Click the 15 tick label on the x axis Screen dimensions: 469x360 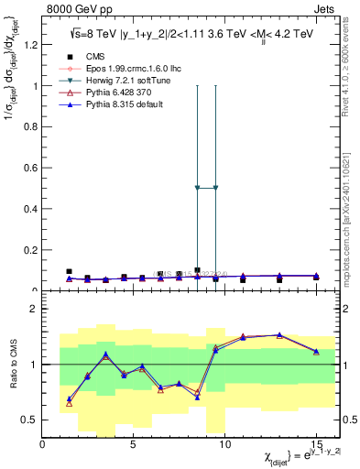[x=316, y=444]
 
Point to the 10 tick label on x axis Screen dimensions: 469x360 [x=224, y=444]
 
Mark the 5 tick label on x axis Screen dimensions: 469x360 [x=134, y=444]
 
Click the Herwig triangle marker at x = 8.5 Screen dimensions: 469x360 [x=197, y=188]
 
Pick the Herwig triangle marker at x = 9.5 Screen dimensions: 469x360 [x=215, y=188]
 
